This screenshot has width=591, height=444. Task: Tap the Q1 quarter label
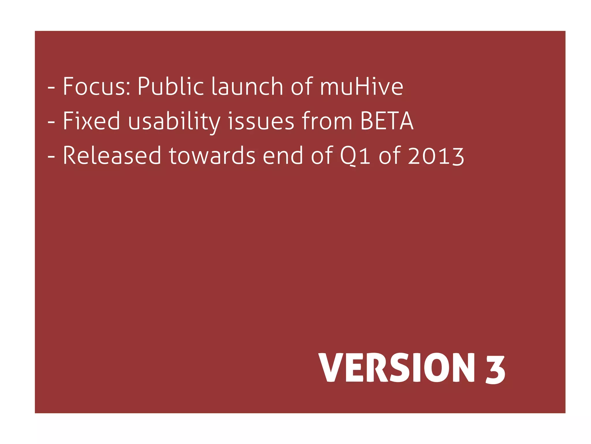pos(355,156)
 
